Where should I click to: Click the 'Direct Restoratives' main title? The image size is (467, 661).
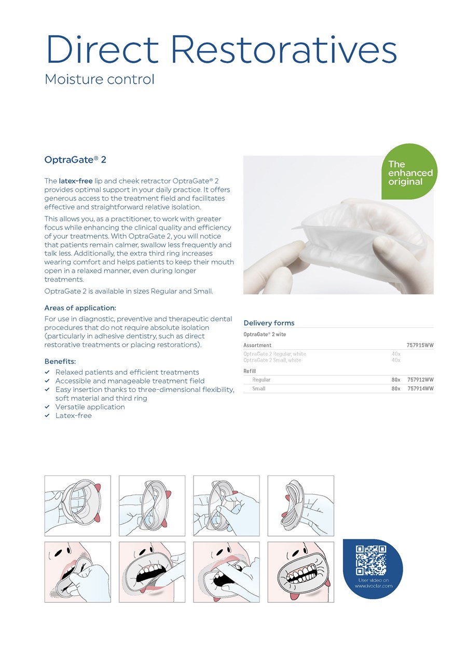click(x=221, y=49)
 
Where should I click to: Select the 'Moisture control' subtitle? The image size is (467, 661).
click(x=100, y=80)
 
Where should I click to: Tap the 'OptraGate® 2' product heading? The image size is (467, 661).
click(x=75, y=160)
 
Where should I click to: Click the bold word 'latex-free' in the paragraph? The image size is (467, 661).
click(x=76, y=181)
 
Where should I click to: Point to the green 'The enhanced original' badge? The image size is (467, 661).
click(x=409, y=171)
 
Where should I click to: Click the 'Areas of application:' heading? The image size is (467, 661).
click(x=80, y=308)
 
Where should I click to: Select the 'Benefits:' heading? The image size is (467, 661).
click(x=60, y=361)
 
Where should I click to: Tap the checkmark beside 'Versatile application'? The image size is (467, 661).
click(x=47, y=407)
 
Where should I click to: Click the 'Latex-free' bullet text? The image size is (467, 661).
click(x=73, y=416)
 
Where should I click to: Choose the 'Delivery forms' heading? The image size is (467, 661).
click(x=269, y=323)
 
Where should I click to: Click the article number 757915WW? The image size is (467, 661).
click(x=420, y=345)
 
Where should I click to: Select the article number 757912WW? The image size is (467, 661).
click(x=420, y=379)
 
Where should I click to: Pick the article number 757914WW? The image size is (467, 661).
click(x=420, y=388)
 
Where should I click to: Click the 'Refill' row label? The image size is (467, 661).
click(x=250, y=371)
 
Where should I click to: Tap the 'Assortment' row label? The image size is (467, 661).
click(x=257, y=345)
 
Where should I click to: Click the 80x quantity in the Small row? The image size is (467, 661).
click(x=396, y=388)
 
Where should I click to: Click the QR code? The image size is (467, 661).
click(x=371, y=560)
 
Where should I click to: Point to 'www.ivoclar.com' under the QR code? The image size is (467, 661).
click(x=373, y=586)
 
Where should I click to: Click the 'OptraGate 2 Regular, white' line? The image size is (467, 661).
click(x=274, y=354)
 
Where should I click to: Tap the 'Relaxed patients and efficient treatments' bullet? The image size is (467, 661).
click(x=127, y=372)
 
